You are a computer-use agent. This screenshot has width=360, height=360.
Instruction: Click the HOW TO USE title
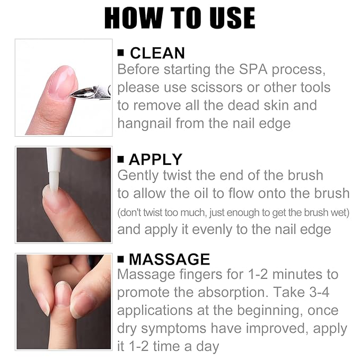point(180,18)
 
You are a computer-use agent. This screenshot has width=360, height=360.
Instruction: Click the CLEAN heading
point(157,53)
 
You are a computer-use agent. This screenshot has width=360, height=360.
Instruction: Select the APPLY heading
point(155,159)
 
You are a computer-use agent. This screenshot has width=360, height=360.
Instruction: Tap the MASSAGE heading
point(169,259)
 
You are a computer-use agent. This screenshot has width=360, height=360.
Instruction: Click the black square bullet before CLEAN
point(121,53)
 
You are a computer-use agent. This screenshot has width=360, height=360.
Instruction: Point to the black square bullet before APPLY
point(121,159)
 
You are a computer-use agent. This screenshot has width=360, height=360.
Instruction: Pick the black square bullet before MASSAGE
point(121,259)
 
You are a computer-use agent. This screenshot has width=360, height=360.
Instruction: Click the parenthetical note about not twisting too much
point(233,212)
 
